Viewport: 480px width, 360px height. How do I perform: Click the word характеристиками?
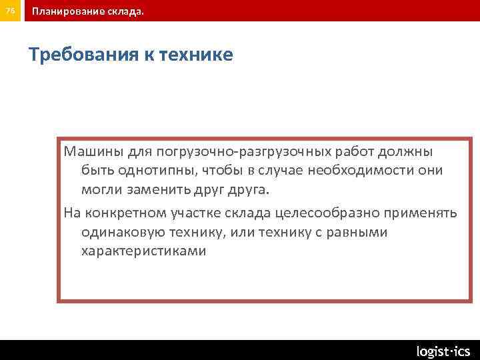pyautogui.click(x=143, y=251)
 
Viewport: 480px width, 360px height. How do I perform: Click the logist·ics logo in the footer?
pyautogui.click(x=443, y=351)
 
